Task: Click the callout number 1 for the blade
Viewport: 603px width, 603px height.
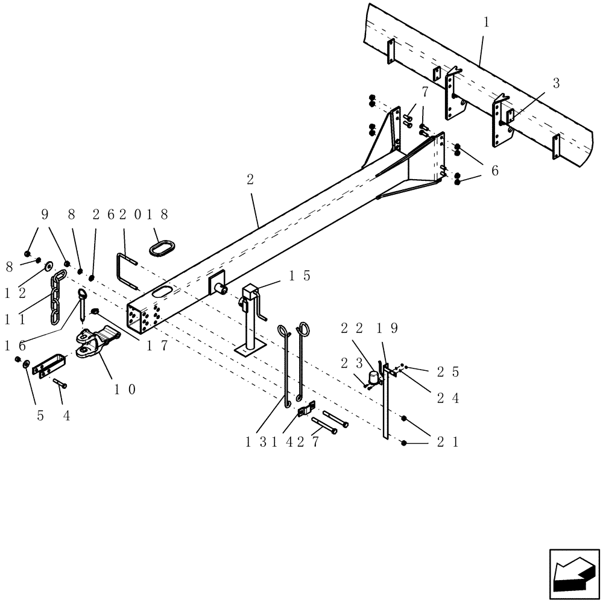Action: (x=486, y=23)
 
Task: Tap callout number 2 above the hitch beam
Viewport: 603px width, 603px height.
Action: (x=250, y=179)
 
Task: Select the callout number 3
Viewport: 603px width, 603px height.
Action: (x=556, y=84)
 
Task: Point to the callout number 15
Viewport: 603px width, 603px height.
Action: (x=299, y=276)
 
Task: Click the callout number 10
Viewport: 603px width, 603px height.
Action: (x=125, y=389)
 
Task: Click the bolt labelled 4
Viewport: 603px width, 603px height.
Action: (x=60, y=383)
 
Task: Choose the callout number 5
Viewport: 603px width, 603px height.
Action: (x=40, y=415)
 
